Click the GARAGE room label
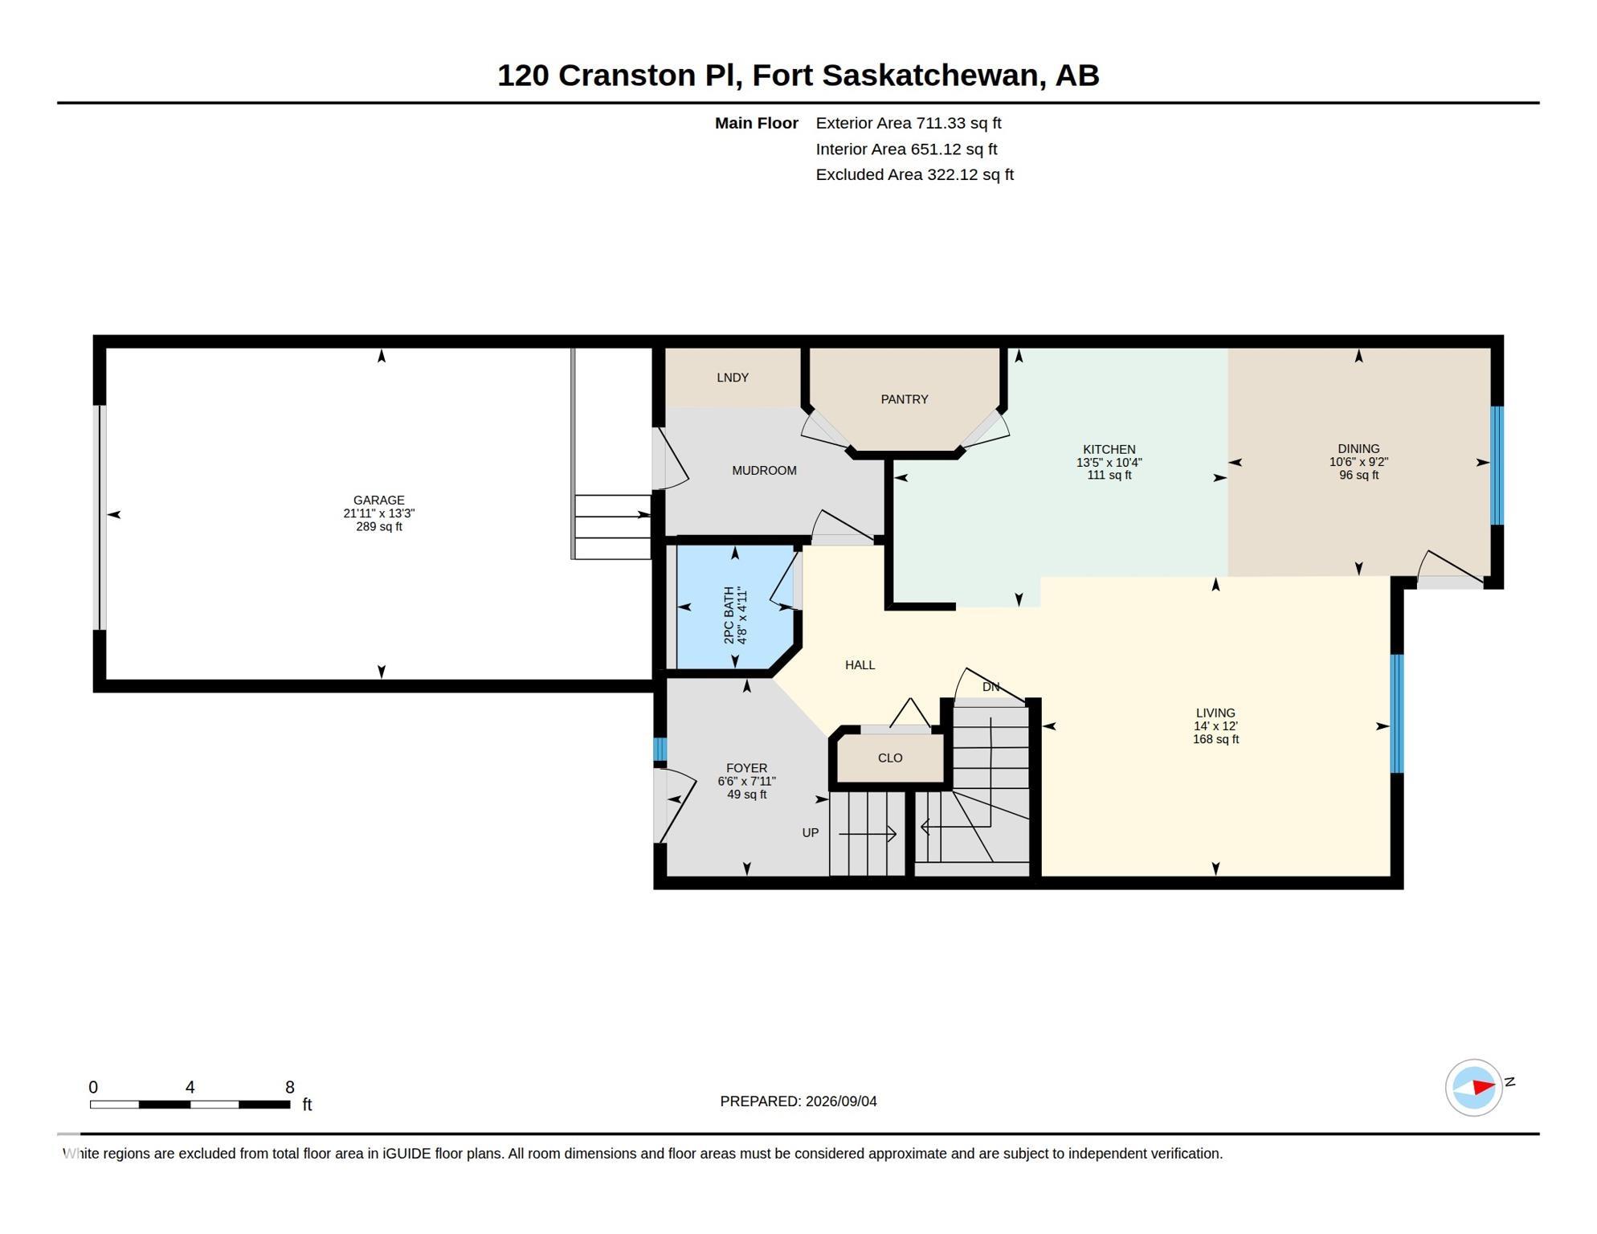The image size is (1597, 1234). coord(378,501)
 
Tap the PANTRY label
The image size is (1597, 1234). coord(904,399)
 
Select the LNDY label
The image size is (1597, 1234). coord(733,378)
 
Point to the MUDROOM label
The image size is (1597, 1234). coord(764,471)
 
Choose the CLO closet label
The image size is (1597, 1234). coord(890,758)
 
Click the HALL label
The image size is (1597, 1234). coord(860,665)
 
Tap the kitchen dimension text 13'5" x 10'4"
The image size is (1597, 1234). coord(1109,463)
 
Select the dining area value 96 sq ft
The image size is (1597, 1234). coord(1358,476)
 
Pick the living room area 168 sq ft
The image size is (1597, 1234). coord(1215,739)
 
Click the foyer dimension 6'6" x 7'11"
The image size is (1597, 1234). coord(746,782)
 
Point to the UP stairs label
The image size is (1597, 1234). coord(811,833)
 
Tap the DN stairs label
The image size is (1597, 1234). coord(990,687)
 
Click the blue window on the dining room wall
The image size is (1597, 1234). coord(1497,466)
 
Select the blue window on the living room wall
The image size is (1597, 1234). coord(1397,714)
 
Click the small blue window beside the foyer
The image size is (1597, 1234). coord(660,750)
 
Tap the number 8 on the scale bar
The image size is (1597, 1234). coord(290,1087)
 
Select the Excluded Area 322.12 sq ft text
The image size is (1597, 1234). coord(914,175)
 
